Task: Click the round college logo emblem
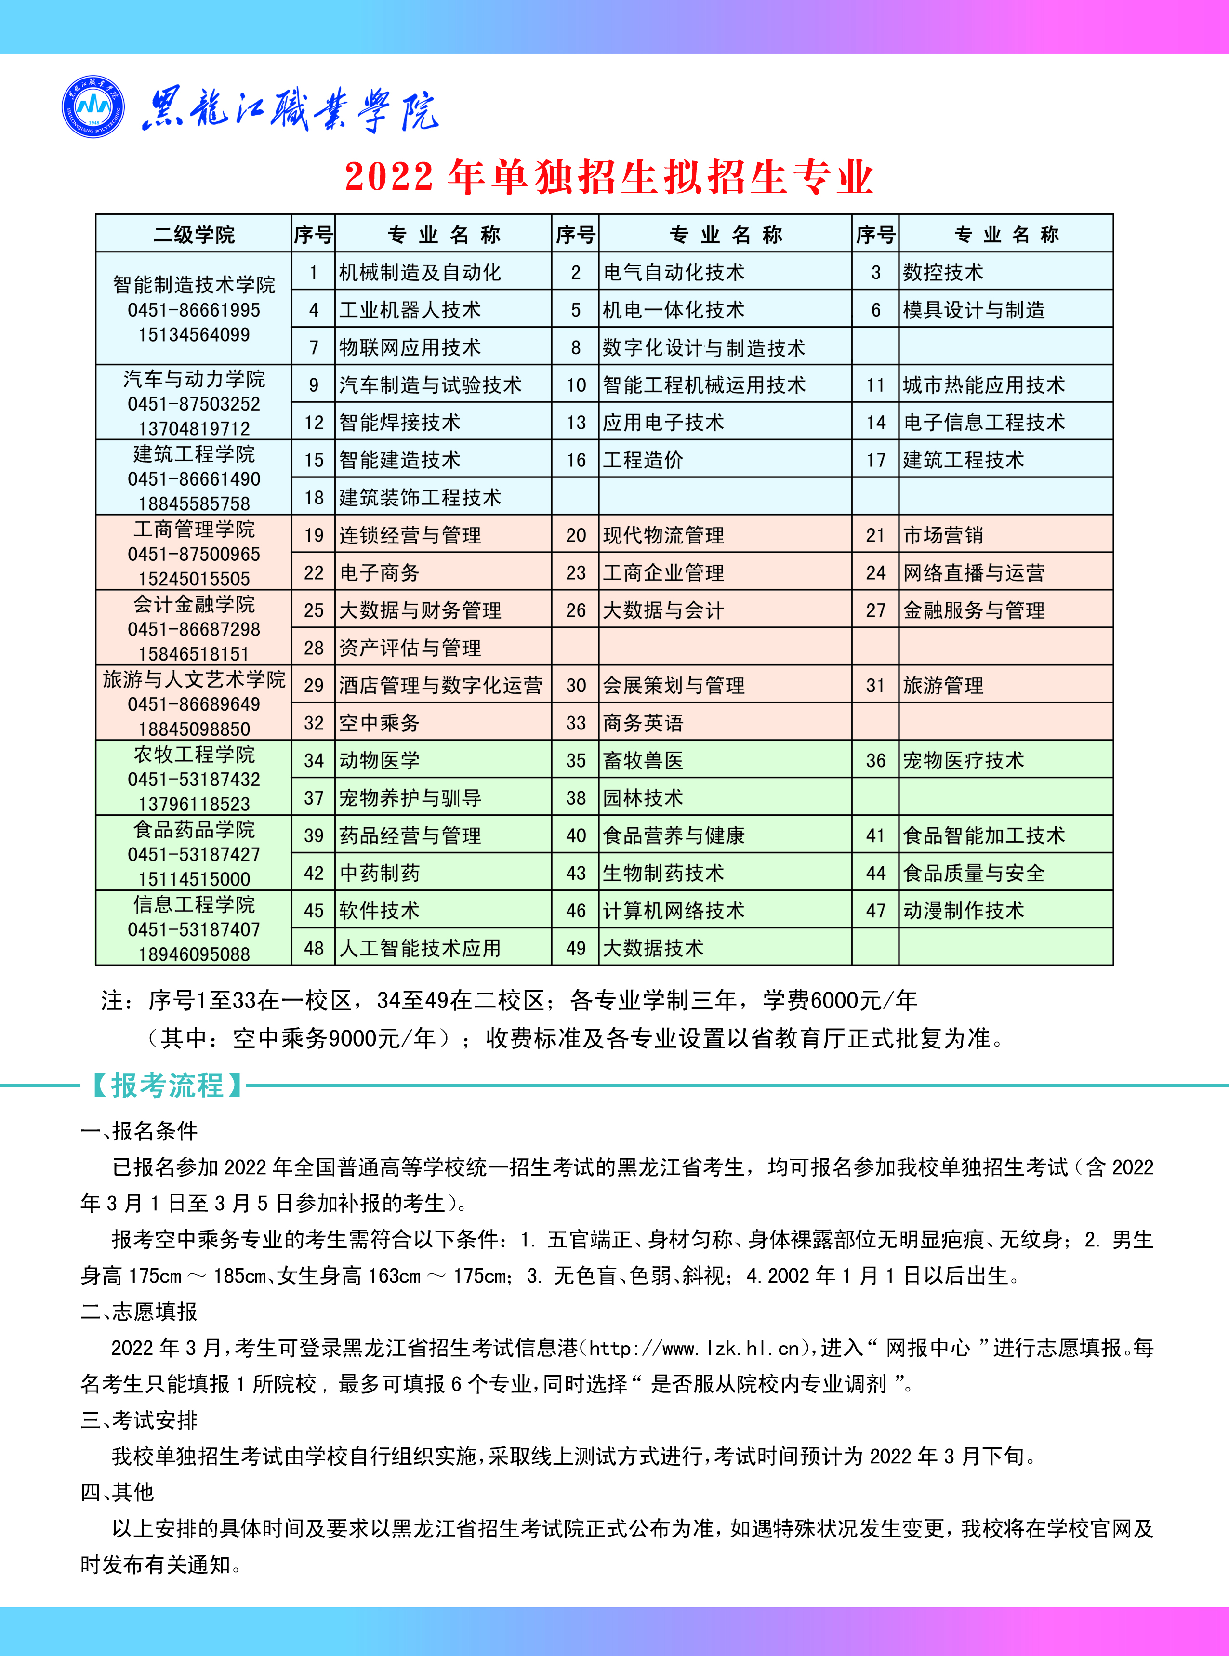coord(93,107)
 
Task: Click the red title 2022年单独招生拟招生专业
coord(608,177)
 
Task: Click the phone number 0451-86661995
coord(193,310)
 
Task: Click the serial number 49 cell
coord(576,948)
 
